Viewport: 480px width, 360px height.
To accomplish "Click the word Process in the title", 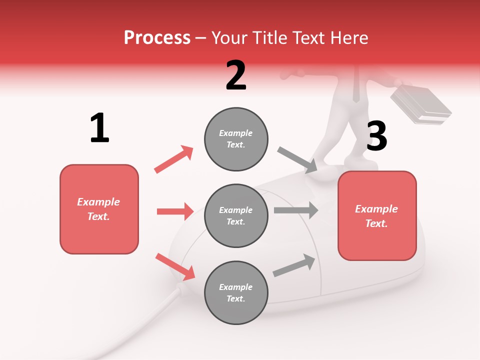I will coord(157,38).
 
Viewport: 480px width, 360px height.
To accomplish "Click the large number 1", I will coord(99,128).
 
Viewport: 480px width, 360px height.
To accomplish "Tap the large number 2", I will coord(236,75).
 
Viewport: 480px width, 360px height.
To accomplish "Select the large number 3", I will coord(376,136).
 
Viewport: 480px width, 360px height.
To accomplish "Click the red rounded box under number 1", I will coord(99,209).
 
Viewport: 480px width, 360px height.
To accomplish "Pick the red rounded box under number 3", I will coord(377,216).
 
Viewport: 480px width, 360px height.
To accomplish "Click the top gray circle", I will coord(236,138).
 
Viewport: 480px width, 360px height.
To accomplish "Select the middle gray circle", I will coord(236,215).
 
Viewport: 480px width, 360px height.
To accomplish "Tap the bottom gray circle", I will coord(236,292).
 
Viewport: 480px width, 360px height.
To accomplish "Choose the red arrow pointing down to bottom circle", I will coord(175,266).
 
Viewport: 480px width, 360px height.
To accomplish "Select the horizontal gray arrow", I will coord(295,210).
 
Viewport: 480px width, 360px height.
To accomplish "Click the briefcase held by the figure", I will coord(420,105).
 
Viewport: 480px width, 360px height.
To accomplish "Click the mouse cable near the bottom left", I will coord(145,320).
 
